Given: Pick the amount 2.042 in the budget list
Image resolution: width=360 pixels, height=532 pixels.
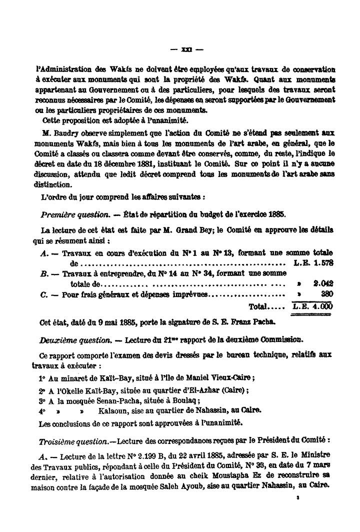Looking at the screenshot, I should click(x=323, y=283).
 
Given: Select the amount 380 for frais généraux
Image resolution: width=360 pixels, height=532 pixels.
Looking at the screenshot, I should click(x=326, y=294).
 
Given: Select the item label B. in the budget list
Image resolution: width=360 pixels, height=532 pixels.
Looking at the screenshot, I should click(x=44, y=273).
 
